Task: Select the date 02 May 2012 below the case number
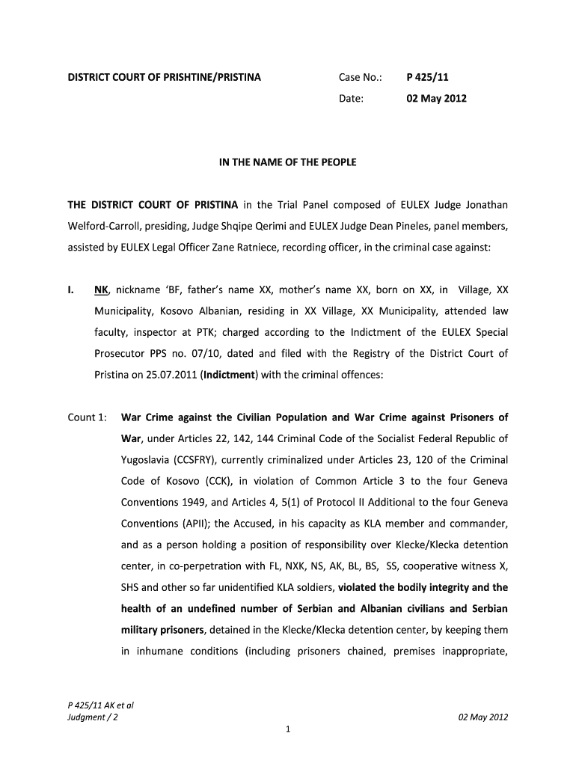[436, 98]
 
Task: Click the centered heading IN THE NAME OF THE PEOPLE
[288, 162]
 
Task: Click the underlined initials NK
[101, 289]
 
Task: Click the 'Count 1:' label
[87, 417]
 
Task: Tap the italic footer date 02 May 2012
[483, 717]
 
